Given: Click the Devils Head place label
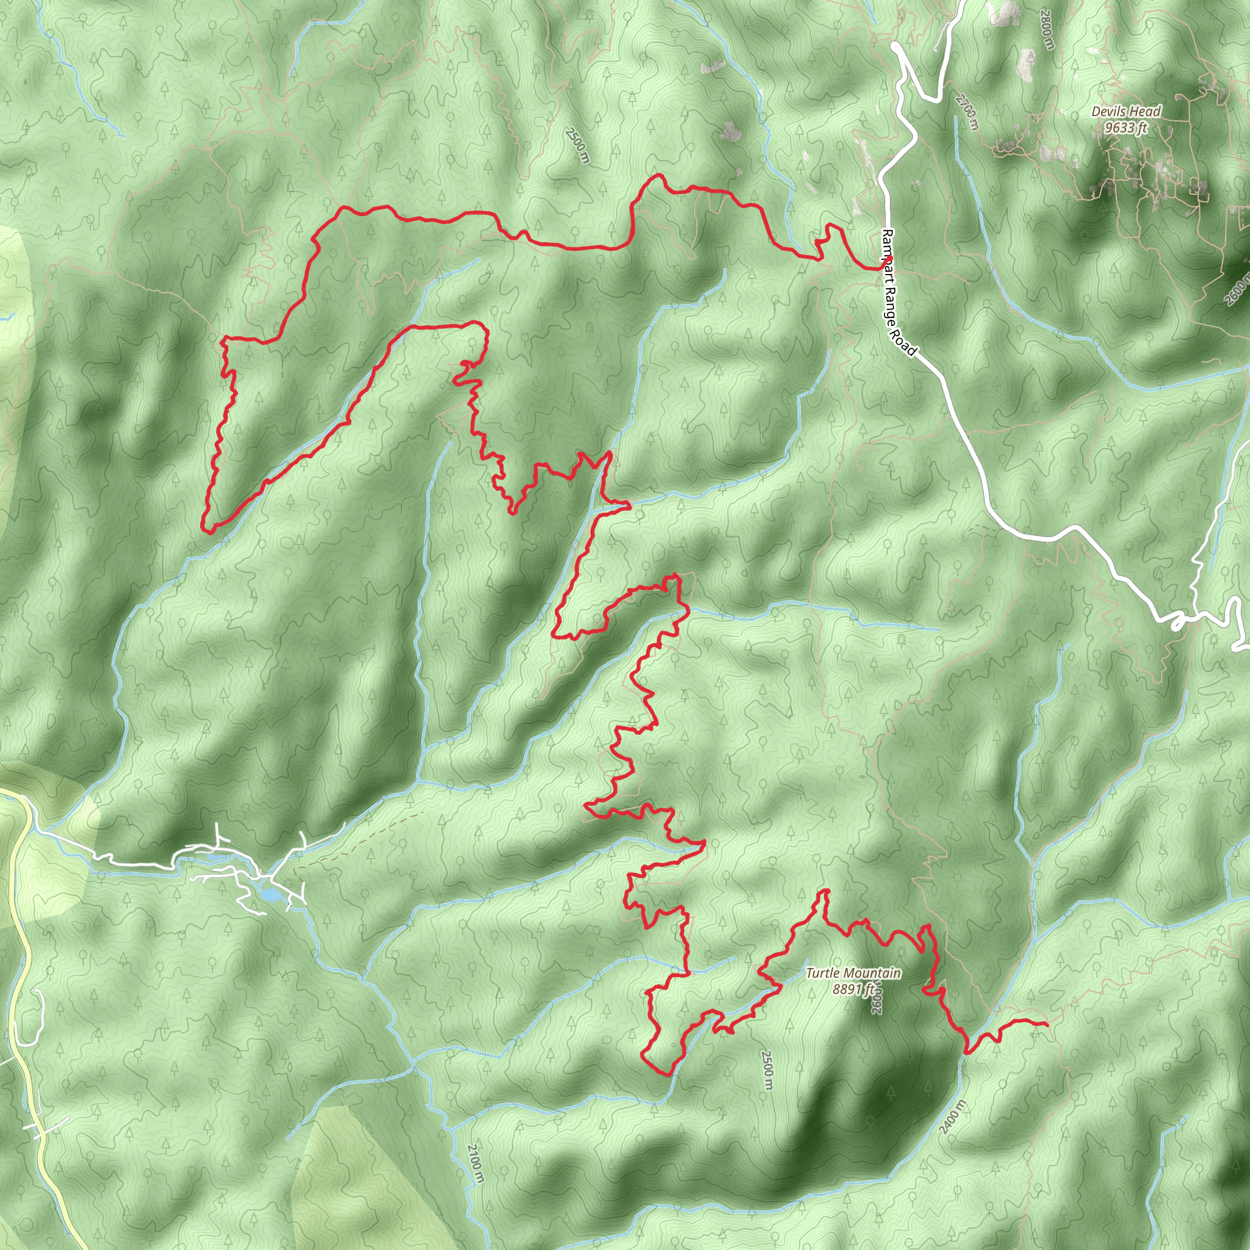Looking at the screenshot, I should [1127, 112].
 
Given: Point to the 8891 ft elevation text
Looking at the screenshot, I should [853, 989].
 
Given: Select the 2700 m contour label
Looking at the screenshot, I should [966, 112].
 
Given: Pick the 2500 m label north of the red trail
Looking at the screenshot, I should [578, 146].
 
